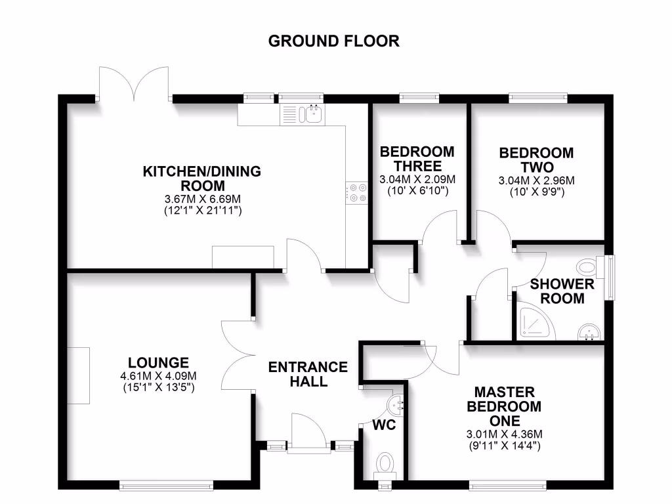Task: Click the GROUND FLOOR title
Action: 334,41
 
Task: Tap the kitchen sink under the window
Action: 312,115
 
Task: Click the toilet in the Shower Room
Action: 588,266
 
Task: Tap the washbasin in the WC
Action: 396,402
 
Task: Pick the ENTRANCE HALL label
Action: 308,374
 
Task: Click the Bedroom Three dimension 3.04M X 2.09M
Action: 417,180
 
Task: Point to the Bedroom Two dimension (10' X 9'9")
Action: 536,193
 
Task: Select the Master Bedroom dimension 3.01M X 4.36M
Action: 504,434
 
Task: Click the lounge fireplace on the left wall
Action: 79,375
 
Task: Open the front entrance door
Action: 308,433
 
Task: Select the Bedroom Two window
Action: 538,98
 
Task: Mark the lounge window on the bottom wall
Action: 166,486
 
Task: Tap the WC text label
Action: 384,425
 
